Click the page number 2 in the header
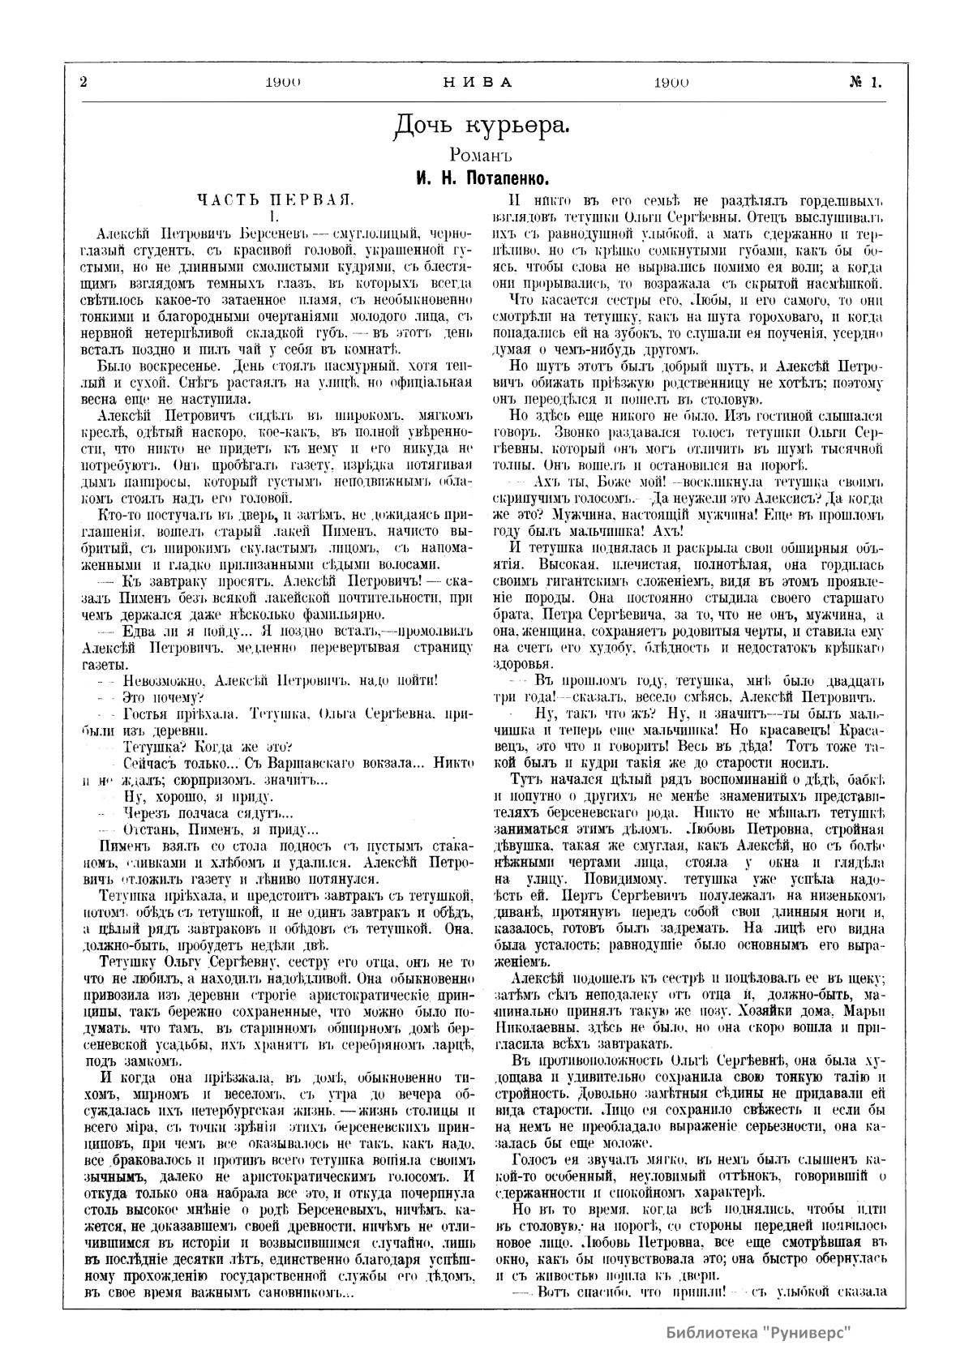tap(84, 82)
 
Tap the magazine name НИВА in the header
tap(478, 82)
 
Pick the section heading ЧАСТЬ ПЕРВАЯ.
tap(275, 199)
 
